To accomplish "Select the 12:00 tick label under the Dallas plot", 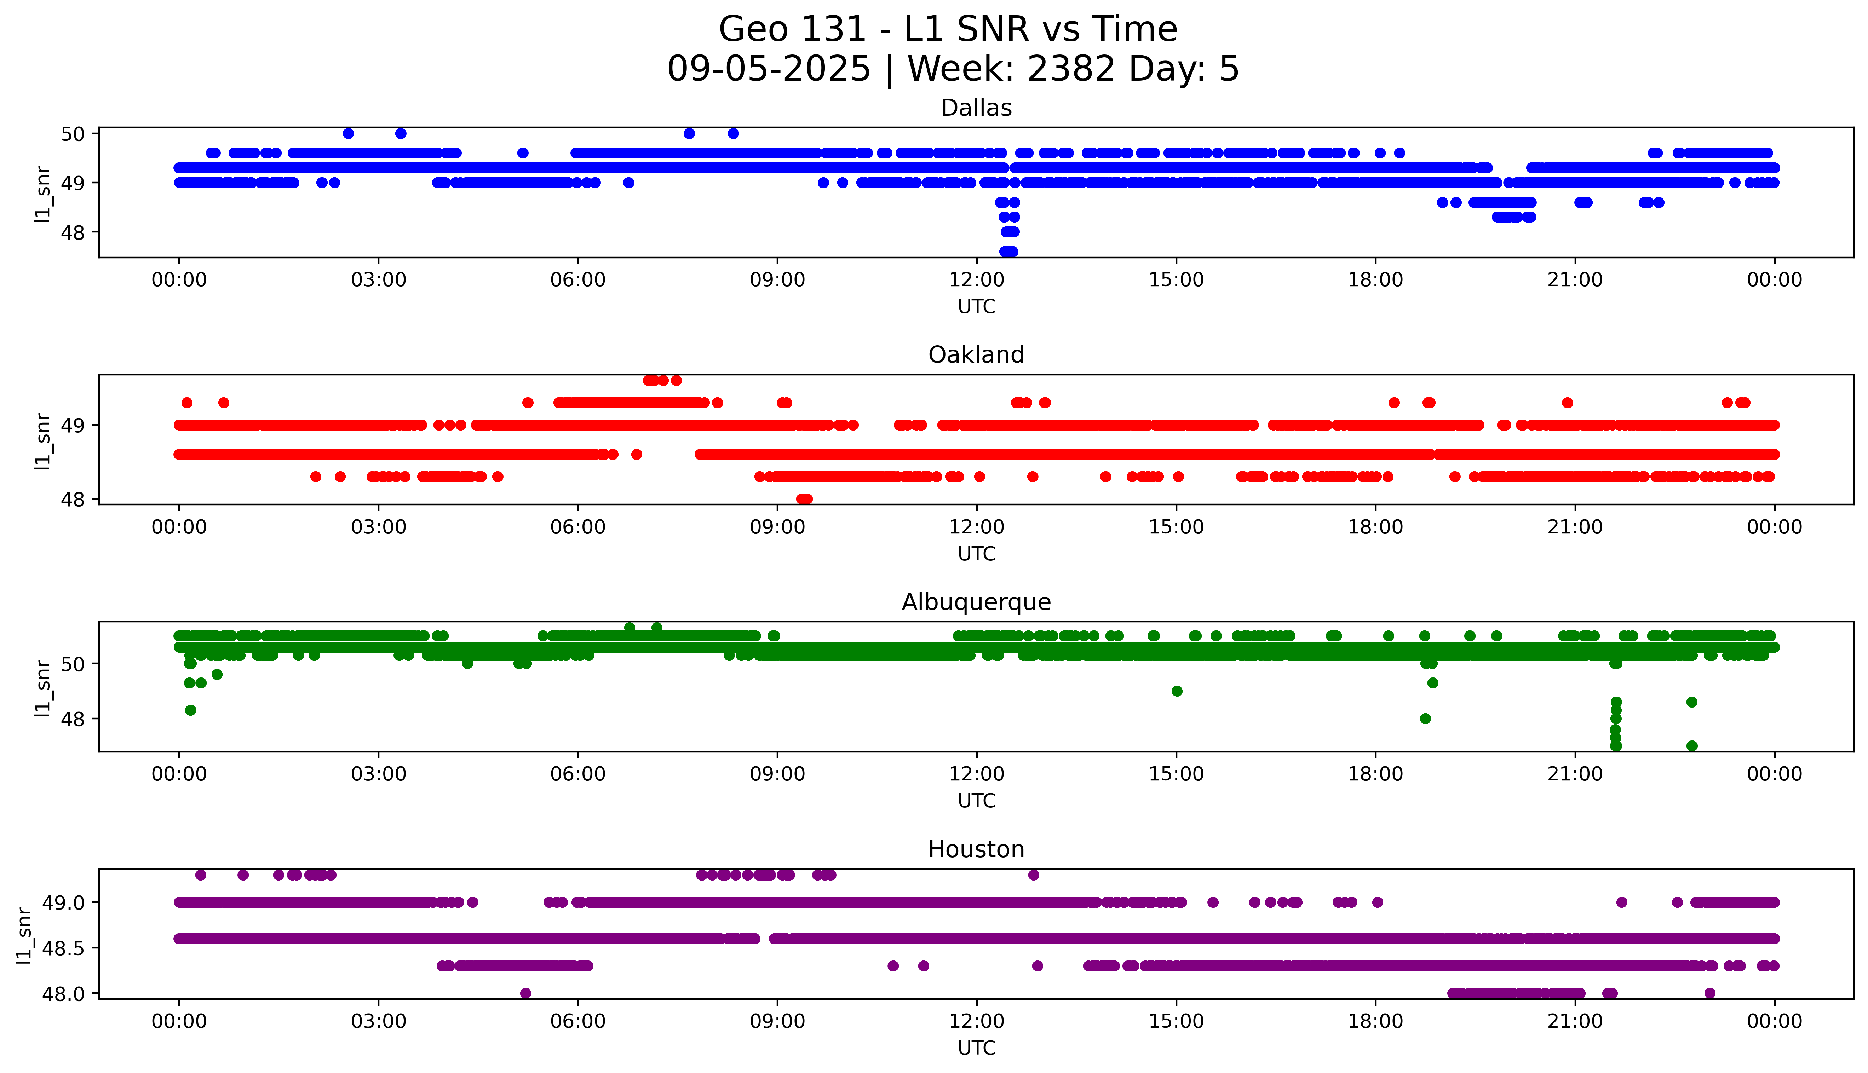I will point(976,280).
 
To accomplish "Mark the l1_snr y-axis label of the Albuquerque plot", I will point(43,688).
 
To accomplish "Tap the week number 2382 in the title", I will point(1072,69).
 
